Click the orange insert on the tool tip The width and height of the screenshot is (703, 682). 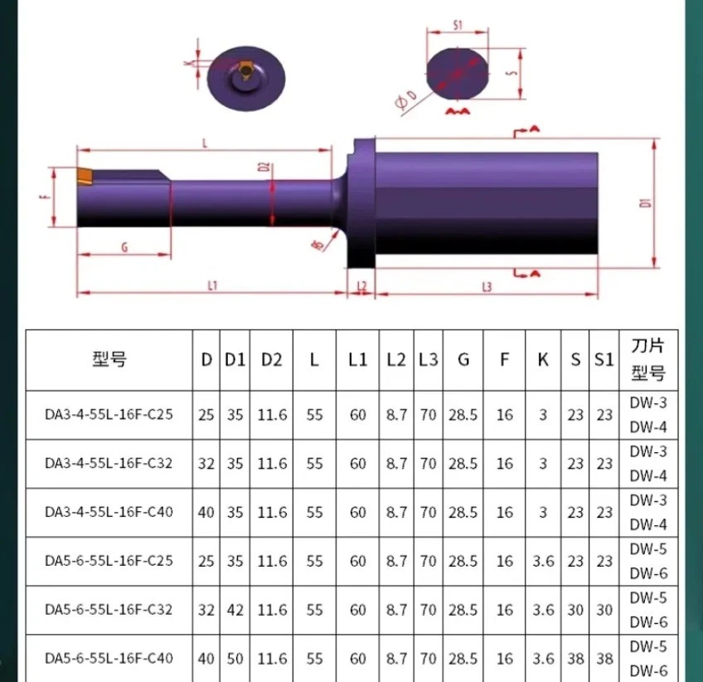pos(86,177)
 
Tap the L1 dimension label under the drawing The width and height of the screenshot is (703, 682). pos(213,285)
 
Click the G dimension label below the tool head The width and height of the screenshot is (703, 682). pos(124,246)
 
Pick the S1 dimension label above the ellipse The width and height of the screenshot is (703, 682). pos(458,25)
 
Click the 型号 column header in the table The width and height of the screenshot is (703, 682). pos(109,360)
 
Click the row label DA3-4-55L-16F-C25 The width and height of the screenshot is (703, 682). pos(109,415)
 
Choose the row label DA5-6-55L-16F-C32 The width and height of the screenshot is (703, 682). pos(109,610)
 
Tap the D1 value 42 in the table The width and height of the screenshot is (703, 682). pos(235,610)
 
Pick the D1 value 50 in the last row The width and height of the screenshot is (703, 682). pos(235,658)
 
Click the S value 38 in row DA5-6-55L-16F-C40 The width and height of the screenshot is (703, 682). pos(575,658)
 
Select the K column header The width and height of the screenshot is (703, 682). pos(543,360)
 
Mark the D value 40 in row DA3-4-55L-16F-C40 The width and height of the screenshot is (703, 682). pos(206,512)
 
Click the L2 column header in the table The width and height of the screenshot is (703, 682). pos(397,360)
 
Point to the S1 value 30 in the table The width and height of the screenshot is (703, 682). pos(604,610)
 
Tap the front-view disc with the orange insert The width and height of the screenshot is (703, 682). pos(245,79)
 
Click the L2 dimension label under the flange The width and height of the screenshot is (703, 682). pos(361,285)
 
